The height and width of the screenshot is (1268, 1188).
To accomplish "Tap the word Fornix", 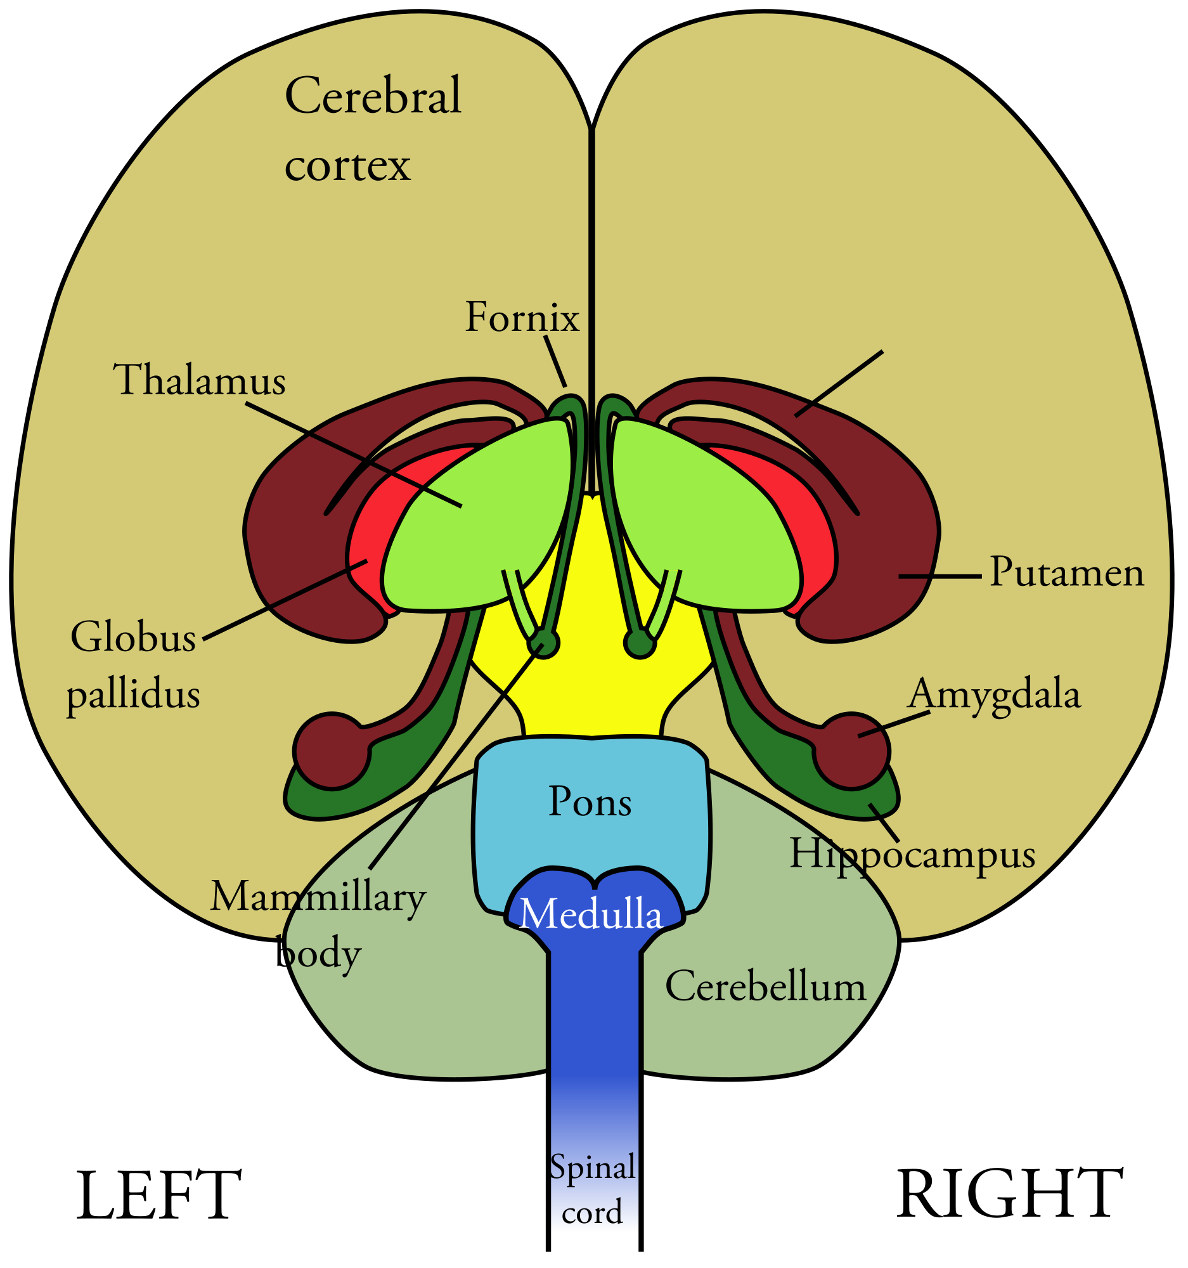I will (522, 317).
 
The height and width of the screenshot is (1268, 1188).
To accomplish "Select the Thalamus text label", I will (200, 380).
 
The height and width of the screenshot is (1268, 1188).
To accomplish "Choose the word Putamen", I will (1066, 572).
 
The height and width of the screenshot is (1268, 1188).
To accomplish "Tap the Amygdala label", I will (994, 694).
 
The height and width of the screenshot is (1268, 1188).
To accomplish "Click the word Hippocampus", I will (912, 853).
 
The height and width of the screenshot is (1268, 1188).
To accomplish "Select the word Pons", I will (590, 802).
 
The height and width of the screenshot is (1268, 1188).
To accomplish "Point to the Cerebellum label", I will (765, 986).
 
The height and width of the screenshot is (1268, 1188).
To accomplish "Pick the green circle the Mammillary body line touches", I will (544, 643).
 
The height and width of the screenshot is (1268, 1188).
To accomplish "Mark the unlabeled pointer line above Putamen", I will (839, 384).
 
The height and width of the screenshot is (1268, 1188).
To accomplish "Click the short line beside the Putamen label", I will (940, 576).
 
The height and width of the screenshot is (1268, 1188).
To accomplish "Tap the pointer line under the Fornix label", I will (555, 361).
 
